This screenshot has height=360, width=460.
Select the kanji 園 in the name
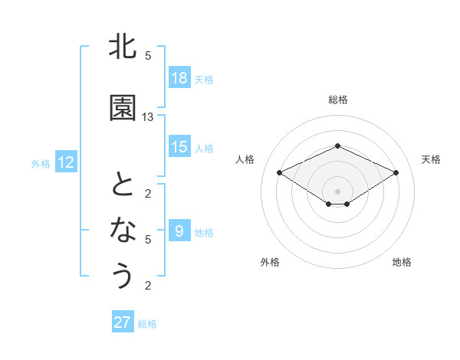[x=123, y=109]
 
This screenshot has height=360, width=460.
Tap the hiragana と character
[x=123, y=185]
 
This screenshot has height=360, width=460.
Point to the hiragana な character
[x=123, y=229]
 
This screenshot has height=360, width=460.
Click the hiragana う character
[x=123, y=274]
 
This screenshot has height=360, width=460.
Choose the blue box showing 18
[x=179, y=78]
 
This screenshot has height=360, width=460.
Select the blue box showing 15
[x=179, y=147]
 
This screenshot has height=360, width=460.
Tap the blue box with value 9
[x=179, y=231]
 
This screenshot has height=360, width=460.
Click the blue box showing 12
[x=65, y=162]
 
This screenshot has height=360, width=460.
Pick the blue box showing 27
[x=123, y=322]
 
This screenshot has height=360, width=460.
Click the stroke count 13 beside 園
[x=148, y=117]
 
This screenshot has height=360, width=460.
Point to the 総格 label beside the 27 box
[x=147, y=324]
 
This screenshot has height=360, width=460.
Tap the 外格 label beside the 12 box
[x=41, y=163]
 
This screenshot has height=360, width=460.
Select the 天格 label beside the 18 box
[x=204, y=79]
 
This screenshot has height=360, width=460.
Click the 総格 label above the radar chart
[x=337, y=100]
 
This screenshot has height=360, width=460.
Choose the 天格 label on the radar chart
[x=431, y=159]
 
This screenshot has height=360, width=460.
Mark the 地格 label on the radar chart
[x=402, y=262]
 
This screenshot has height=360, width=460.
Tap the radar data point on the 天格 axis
[x=396, y=172]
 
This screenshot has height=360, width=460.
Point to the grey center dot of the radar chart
[x=337, y=191]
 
